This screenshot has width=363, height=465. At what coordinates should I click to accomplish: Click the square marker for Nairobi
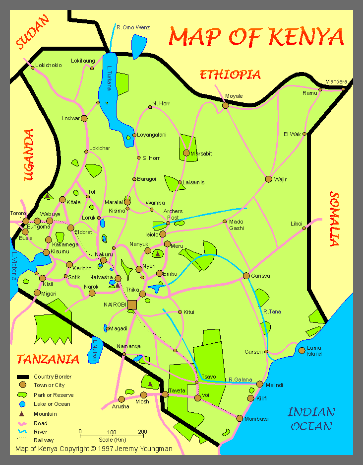click(132, 305)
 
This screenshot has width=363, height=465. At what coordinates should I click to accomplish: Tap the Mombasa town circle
click(240, 418)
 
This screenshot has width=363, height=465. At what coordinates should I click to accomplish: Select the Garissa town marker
click(246, 276)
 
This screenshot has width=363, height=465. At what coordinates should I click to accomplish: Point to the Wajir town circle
click(269, 179)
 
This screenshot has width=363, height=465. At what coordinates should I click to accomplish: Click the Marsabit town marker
click(186, 153)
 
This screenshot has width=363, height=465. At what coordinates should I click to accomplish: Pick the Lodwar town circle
click(84, 118)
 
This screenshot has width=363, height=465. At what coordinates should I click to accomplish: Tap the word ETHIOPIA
click(230, 75)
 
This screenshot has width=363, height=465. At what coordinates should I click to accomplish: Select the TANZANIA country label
click(48, 359)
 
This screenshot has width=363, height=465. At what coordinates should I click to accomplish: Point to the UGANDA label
click(28, 155)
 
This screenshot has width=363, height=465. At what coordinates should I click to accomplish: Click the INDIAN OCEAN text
click(311, 419)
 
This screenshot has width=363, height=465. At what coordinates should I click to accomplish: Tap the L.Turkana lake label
click(110, 79)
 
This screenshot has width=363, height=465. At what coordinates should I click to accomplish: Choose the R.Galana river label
click(241, 381)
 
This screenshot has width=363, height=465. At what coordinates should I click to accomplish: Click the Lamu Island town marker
click(302, 350)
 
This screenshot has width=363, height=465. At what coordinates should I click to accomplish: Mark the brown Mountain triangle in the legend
click(22, 413)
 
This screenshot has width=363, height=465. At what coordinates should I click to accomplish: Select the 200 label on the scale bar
click(142, 431)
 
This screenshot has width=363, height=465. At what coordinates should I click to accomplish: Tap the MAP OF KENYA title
click(256, 36)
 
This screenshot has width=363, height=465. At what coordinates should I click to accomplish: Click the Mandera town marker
click(343, 89)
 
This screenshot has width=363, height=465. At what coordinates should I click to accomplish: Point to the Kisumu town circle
click(46, 252)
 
